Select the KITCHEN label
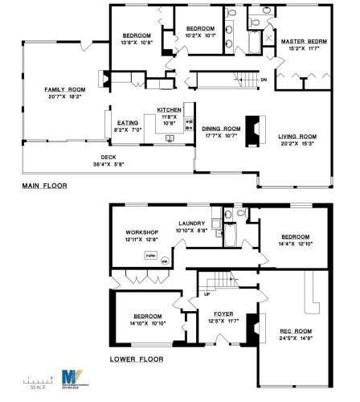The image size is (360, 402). point(169,109)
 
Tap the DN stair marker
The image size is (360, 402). point(264,80)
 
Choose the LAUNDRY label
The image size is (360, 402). point(194,224)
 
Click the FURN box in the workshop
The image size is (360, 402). point(149,254)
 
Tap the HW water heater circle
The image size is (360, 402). point(166,260)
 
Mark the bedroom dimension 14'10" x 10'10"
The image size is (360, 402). point(148,324)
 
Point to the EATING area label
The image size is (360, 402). point(128,122)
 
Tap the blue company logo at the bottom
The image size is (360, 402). point(70,378)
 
